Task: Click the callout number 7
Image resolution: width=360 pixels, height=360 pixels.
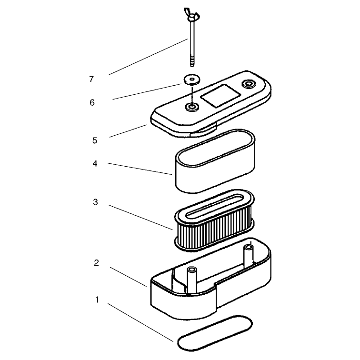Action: [91, 79]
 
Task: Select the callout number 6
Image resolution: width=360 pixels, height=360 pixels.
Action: [92, 102]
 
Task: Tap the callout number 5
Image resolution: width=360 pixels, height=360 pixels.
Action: [95, 140]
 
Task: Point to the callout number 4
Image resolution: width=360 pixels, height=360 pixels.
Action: [95, 163]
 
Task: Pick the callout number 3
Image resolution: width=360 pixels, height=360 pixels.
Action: [95, 202]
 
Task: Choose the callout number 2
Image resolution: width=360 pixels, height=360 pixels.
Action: [96, 263]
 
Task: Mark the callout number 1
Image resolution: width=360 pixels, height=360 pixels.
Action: [97, 300]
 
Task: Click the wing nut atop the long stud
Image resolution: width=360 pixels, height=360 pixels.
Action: [191, 14]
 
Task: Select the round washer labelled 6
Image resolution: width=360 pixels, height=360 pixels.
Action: [192, 80]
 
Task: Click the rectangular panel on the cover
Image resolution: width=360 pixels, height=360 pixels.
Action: [220, 95]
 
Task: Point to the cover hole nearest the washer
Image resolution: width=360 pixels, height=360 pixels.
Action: [192, 107]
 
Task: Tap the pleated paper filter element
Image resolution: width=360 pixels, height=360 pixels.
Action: [214, 220]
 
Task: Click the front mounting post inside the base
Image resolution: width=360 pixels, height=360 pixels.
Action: [192, 280]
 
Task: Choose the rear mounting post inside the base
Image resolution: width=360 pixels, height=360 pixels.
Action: [249, 255]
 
